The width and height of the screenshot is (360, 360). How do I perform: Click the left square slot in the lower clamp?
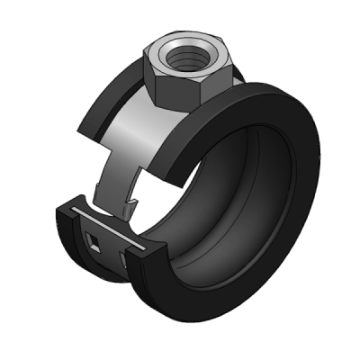pyautogui.click(x=94, y=239)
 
